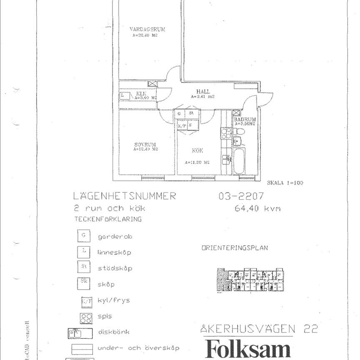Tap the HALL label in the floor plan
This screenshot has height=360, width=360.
203,92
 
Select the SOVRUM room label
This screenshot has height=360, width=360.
145,145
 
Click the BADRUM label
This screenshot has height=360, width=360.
245,119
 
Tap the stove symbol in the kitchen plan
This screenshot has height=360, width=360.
226,133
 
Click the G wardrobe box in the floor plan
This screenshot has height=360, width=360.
180,113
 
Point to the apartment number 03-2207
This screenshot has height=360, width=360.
241,196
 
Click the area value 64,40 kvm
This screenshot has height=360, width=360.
258,209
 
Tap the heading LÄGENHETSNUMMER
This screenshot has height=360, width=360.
125,196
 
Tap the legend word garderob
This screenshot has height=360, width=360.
115,237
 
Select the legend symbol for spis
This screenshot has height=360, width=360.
86,317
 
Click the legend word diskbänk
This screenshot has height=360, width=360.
113,332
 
